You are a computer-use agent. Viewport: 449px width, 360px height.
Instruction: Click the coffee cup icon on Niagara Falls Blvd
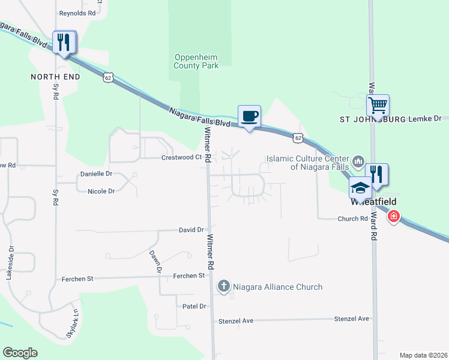tap(249, 116)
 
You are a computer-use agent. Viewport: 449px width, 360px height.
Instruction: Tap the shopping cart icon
tap(378, 106)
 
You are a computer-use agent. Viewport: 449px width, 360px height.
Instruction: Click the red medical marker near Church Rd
tap(393, 216)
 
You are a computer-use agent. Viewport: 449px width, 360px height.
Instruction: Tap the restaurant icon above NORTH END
tap(63, 42)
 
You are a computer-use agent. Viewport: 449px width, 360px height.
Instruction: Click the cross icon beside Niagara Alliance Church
tap(223, 286)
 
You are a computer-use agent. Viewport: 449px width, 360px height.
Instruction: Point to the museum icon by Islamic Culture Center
tap(358, 161)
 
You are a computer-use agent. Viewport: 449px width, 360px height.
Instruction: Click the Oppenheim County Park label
tap(196, 61)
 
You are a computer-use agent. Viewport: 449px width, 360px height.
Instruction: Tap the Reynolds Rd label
tap(77, 13)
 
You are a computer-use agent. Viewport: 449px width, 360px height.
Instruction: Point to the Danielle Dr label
tap(96, 174)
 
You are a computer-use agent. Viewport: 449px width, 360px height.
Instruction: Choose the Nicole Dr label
tap(101, 191)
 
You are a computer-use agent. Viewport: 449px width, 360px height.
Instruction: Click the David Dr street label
tap(191, 230)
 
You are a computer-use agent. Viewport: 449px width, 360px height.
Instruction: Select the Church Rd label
tap(352, 219)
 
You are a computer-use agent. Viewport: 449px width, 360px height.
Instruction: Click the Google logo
tap(20, 353)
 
